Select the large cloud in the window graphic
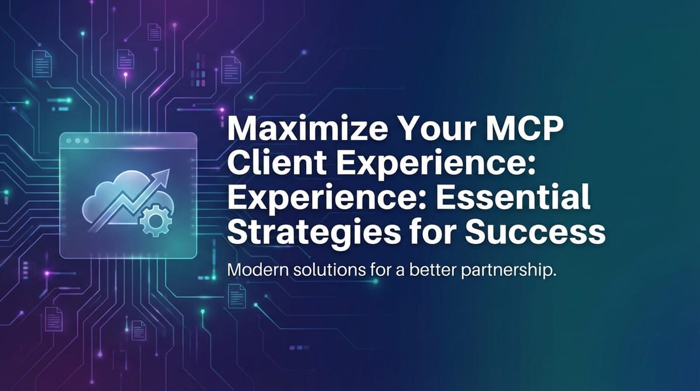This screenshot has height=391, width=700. pyautogui.click(x=108, y=198)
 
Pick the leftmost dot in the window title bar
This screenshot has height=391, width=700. pyautogui.click(x=69, y=141)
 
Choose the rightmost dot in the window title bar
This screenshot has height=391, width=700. pyautogui.click(x=86, y=141)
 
